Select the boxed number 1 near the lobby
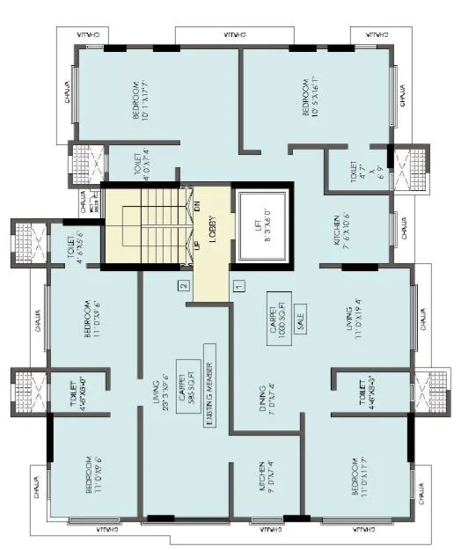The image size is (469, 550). click(238, 285)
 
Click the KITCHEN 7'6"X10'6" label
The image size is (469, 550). click(342, 231)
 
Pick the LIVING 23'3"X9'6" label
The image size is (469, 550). click(159, 395)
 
